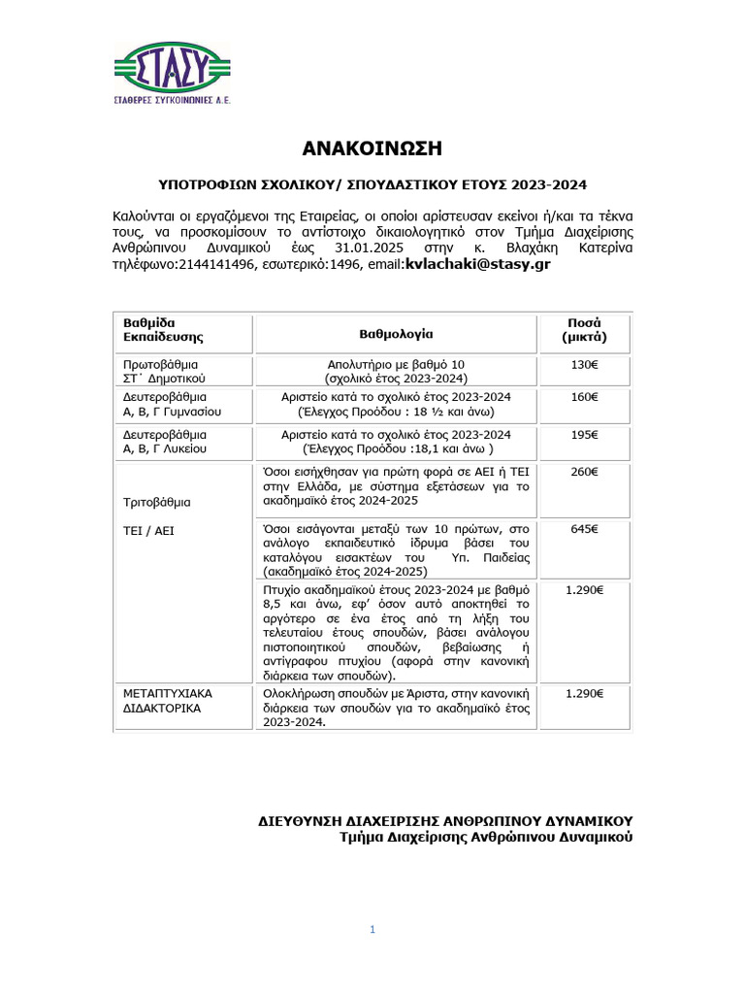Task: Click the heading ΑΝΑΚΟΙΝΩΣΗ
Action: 372,149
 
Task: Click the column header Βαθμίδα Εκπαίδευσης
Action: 163,330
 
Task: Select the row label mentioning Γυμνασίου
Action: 172,404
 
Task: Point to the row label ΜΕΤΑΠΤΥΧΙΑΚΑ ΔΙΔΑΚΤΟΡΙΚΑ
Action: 167,701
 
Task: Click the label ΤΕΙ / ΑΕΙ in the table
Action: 147,531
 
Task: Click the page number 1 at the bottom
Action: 372,930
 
